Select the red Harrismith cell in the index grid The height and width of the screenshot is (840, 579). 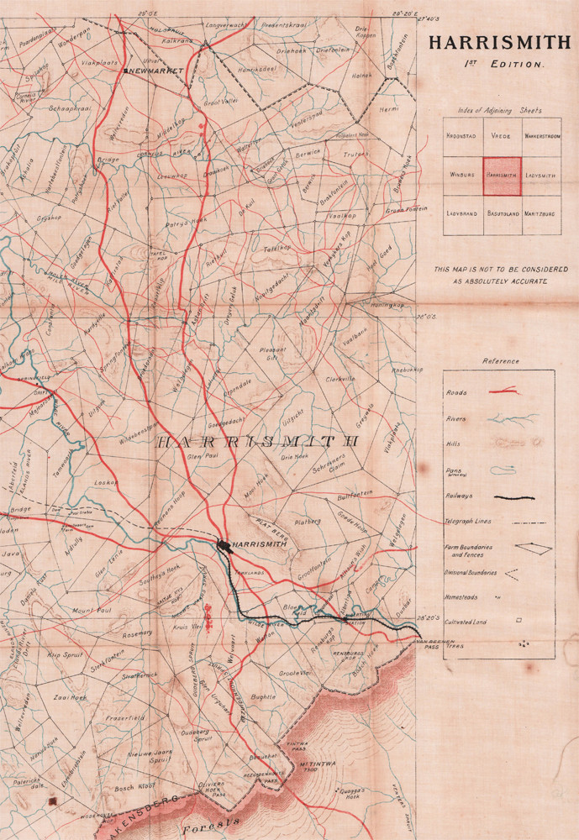(502, 176)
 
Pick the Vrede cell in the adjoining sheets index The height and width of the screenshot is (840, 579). (502, 137)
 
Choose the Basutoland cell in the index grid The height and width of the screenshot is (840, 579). (502, 214)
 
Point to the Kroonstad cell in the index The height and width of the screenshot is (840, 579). (462, 137)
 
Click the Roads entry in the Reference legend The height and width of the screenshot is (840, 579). (458, 392)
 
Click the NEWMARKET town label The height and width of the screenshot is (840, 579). (156, 71)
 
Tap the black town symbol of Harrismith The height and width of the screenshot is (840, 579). (224, 545)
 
